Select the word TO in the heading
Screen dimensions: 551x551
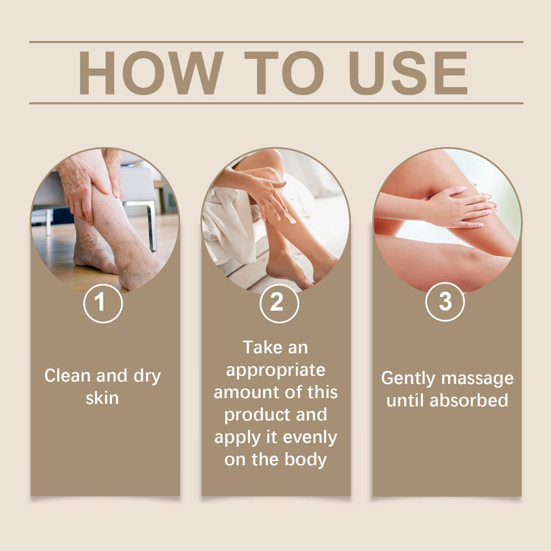[283, 73]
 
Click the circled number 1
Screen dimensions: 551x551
[103, 303]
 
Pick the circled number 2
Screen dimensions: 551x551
[276, 303]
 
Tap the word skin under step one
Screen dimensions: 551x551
[102, 398]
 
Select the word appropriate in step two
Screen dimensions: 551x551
[275, 370]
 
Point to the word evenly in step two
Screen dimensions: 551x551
[310, 437]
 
